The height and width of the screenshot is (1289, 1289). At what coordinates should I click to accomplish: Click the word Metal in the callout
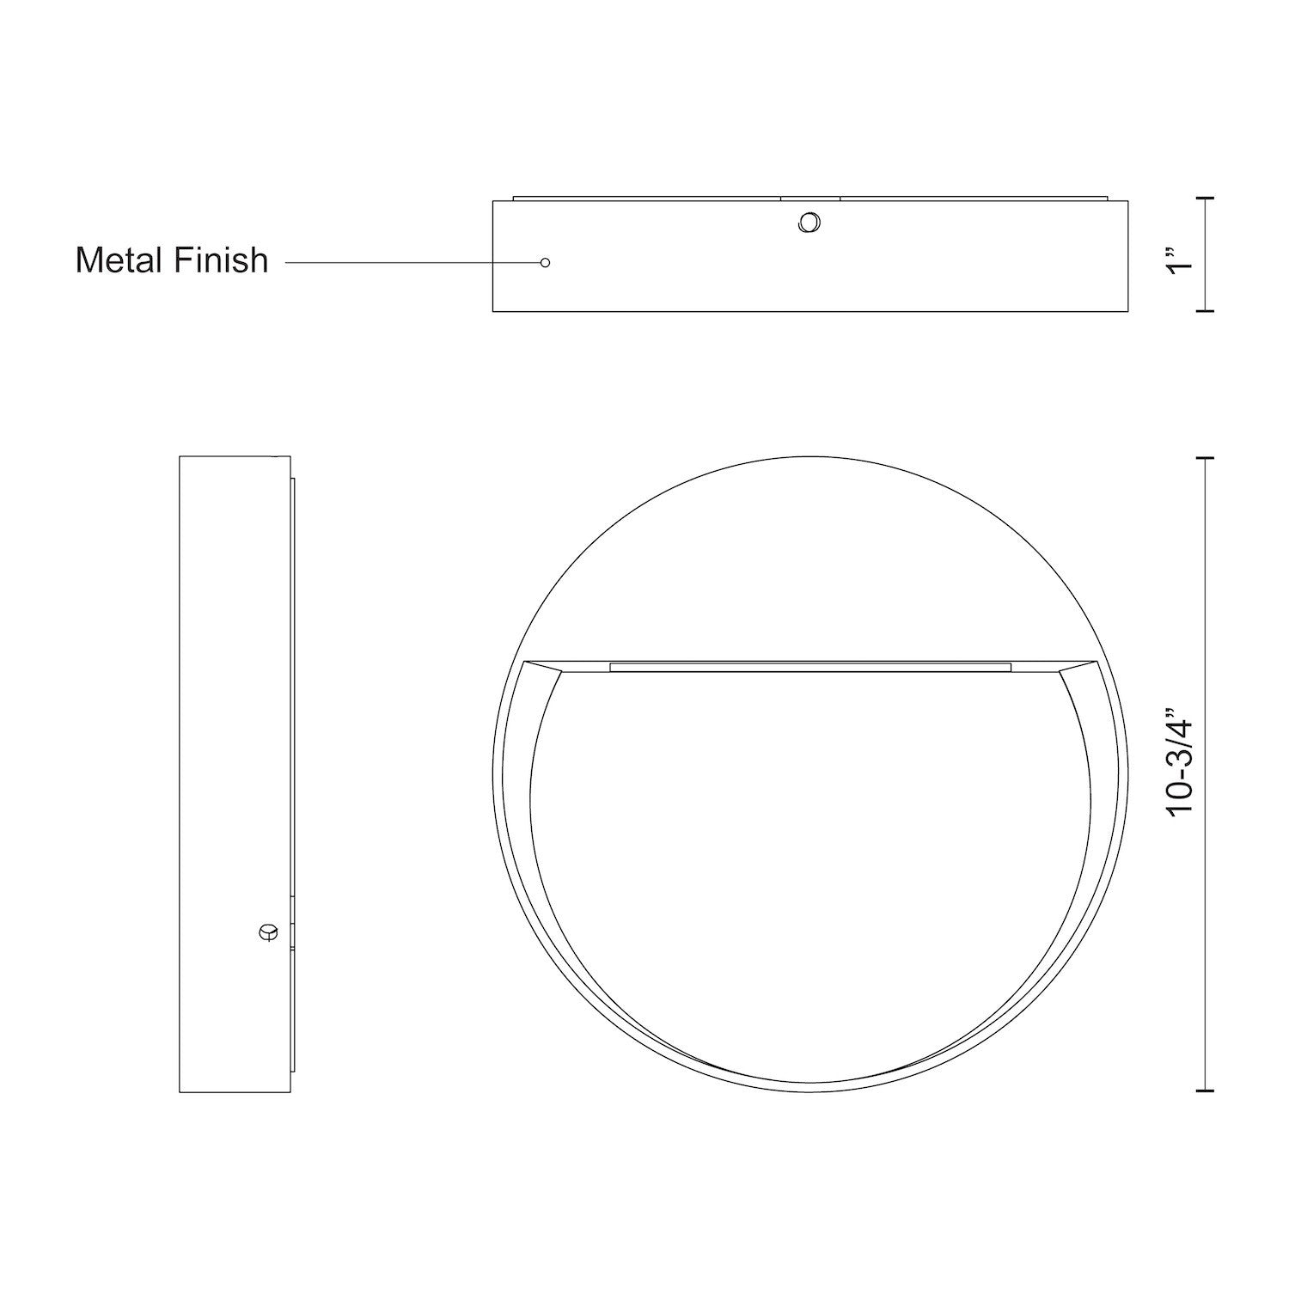click(117, 260)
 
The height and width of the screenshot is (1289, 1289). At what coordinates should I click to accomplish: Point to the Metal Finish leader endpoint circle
click(545, 262)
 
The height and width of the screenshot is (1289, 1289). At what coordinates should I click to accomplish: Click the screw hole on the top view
click(809, 223)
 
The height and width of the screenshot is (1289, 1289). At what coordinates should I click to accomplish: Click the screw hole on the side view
click(268, 932)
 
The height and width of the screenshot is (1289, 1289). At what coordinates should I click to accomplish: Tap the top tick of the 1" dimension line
click(1208, 199)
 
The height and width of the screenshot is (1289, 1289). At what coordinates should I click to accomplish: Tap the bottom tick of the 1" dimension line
click(1208, 310)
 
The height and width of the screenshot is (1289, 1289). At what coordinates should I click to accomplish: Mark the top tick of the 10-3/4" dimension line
click(1208, 459)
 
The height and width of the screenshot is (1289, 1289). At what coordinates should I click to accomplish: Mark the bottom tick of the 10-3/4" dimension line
click(1208, 1090)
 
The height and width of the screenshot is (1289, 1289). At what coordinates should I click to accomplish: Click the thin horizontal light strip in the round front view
click(809, 666)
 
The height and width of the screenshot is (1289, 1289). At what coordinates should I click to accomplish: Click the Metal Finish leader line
click(412, 262)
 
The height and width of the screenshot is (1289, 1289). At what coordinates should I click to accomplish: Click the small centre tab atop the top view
click(809, 198)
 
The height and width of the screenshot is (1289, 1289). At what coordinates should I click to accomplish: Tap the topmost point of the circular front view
click(809, 456)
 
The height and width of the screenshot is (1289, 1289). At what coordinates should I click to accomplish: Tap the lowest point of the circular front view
click(809, 1091)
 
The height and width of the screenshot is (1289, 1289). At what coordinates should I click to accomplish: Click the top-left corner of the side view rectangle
click(180, 457)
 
